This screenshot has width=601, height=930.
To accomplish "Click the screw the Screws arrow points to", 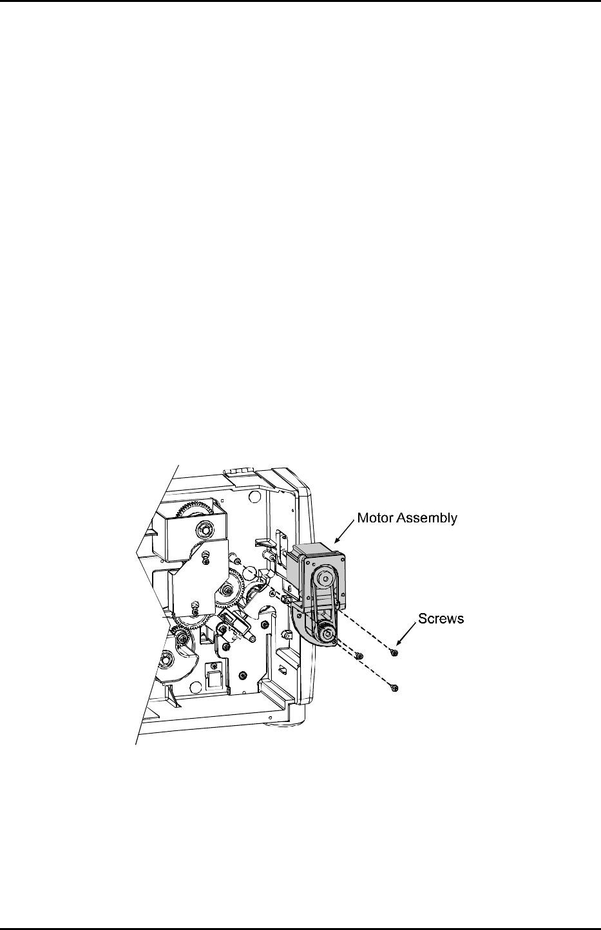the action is click(x=394, y=652).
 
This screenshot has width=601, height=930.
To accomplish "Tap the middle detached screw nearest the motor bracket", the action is click(x=359, y=655).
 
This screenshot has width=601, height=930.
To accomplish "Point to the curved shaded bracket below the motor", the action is click(x=303, y=628).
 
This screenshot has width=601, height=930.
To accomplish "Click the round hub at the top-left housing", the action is click(x=204, y=529).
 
